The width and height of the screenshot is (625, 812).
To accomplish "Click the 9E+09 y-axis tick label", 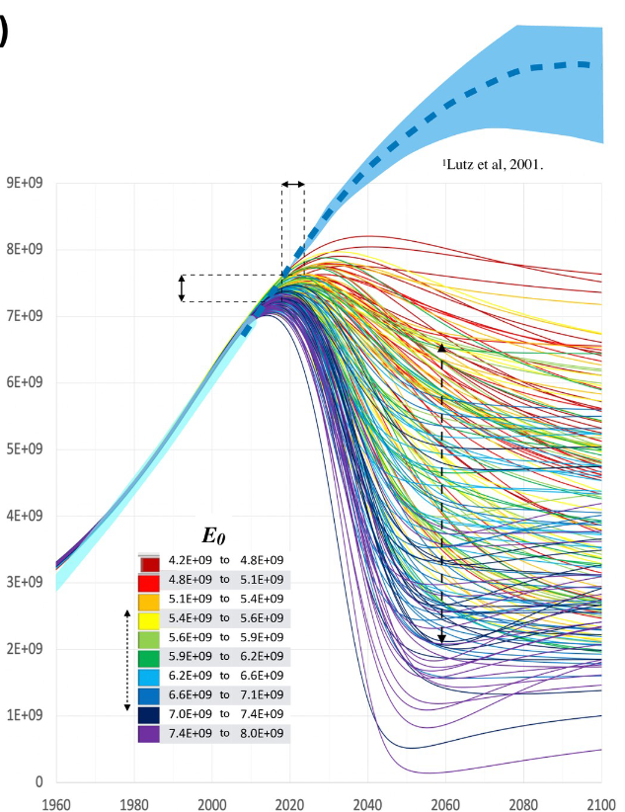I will click(28, 183).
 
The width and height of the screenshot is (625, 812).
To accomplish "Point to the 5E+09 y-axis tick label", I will click(28, 449).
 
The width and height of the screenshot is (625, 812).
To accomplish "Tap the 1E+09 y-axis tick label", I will click(28, 715).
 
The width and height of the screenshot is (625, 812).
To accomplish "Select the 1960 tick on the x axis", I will click(56, 802).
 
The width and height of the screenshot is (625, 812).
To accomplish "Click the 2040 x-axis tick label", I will click(367, 802).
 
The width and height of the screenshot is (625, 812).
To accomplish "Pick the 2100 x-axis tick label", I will click(600, 802).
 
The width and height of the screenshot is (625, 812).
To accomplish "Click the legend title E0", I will click(214, 535).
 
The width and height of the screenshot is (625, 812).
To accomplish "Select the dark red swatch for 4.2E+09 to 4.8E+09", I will click(150, 563).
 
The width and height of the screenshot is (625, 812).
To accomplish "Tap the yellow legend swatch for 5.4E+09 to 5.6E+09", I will click(150, 618).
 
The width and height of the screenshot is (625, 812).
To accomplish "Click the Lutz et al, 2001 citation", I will click(493, 165).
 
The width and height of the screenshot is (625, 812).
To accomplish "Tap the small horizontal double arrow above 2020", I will click(292, 184).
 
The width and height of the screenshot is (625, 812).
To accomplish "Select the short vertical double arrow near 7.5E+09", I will click(182, 287).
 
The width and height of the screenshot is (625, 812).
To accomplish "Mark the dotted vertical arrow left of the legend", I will click(126, 659).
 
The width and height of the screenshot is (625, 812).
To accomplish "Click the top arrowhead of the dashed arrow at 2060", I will click(441, 348).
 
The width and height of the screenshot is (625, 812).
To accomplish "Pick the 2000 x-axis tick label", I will click(212, 802).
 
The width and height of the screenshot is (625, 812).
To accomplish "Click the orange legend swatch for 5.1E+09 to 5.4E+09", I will click(150, 600).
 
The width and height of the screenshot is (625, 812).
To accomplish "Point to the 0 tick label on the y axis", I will click(39, 782).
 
